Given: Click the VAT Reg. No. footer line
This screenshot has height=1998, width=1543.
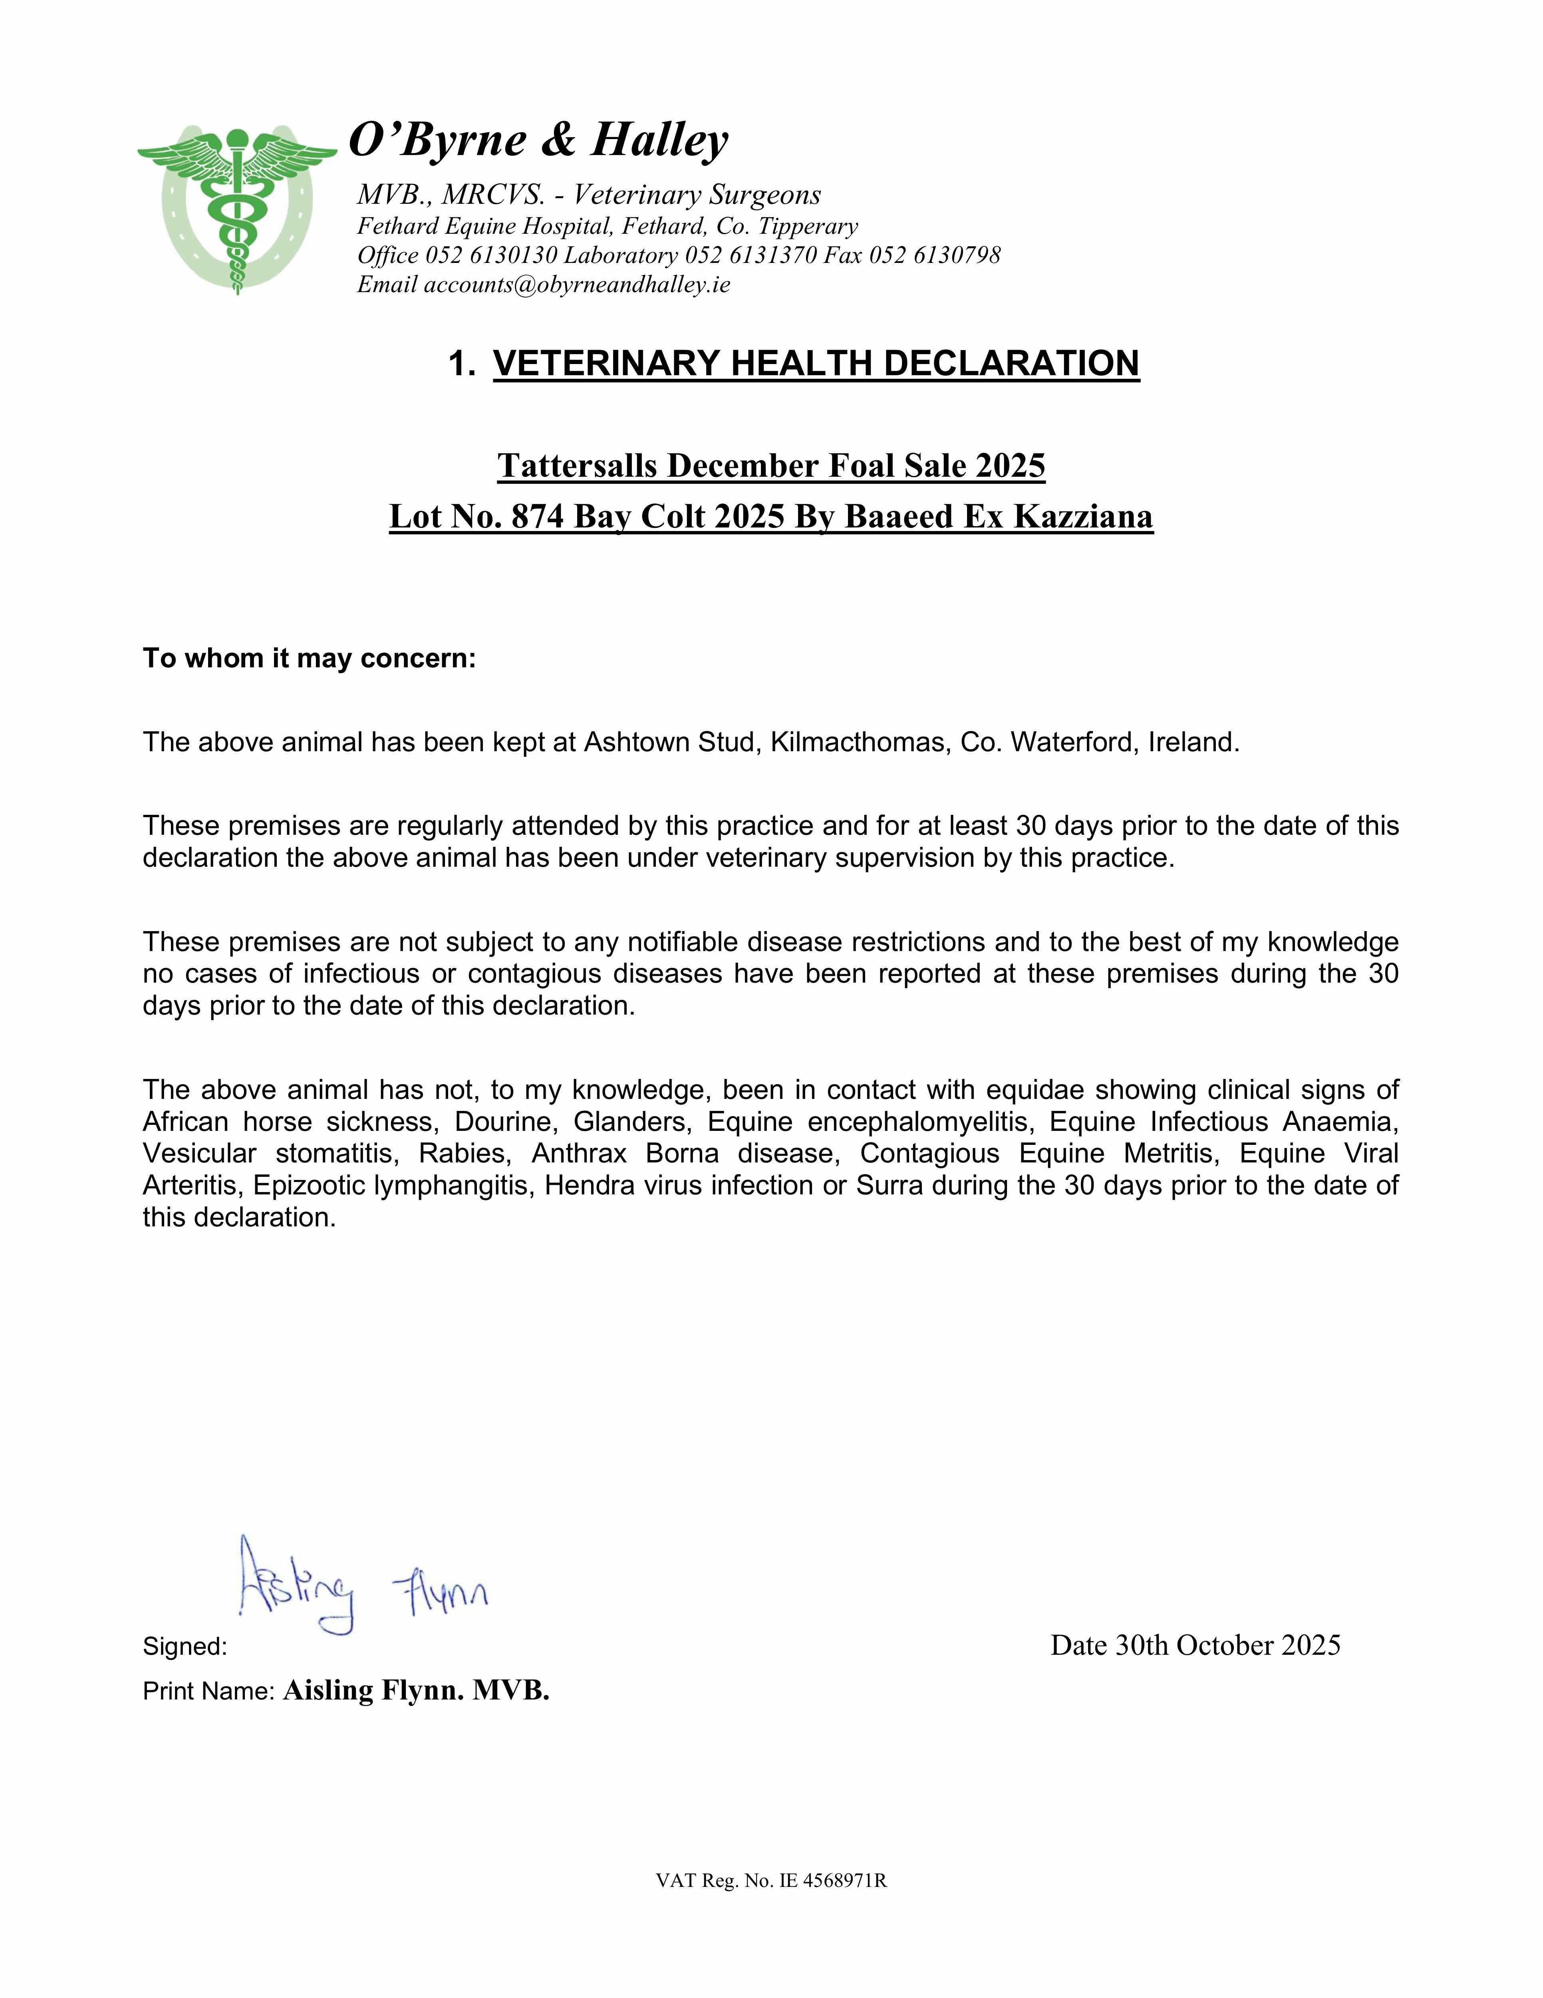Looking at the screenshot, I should pyautogui.click(x=771, y=1881).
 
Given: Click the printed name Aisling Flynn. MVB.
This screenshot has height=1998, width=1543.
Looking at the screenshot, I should pyautogui.click(x=416, y=1691).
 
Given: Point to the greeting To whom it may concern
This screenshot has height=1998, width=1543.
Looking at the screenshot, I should pyautogui.click(x=309, y=659).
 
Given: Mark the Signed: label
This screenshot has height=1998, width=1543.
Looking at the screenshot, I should pyautogui.click(x=185, y=1647).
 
